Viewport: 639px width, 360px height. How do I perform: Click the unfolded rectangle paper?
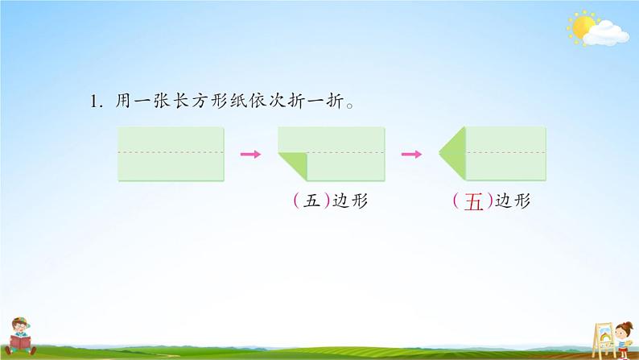pyautogui.click(x=171, y=154)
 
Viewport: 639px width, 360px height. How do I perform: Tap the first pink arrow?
pyautogui.click(x=251, y=154)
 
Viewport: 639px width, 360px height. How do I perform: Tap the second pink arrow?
pyautogui.click(x=412, y=154)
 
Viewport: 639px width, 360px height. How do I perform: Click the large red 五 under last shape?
pyautogui.click(x=474, y=203)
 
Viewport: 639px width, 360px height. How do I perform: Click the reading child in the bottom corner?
pyautogui.click(x=24, y=333)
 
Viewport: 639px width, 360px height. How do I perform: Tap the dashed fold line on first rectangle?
pyautogui.click(x=171, y=151)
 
